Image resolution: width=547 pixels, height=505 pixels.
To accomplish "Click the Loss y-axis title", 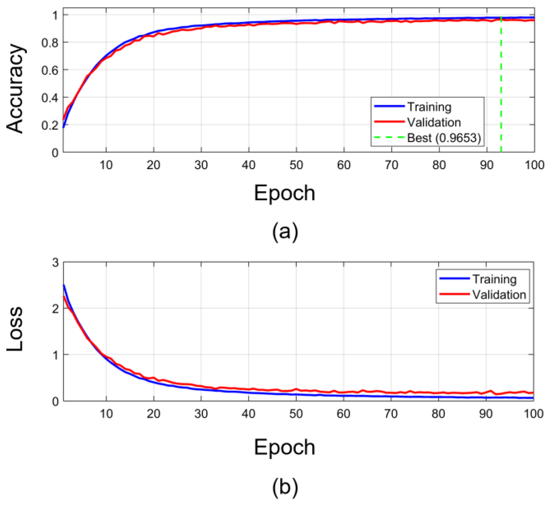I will (15, 329).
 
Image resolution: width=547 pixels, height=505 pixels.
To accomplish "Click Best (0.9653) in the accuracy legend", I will (444, 138).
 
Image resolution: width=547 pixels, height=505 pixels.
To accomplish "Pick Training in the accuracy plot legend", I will (429, 107).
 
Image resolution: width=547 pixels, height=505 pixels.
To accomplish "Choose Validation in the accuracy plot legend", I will (434, 122).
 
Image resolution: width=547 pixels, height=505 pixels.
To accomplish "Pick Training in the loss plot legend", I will (494, 279).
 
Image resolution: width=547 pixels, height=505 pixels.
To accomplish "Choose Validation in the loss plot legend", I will (499, 295).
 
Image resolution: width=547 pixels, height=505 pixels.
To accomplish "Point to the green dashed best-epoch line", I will (501, 82).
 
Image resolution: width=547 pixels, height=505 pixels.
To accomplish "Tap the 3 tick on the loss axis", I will (56, 263).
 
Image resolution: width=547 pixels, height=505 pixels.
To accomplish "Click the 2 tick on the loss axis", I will (56, 309).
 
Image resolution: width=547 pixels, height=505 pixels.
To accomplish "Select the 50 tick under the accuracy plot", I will (296, 165).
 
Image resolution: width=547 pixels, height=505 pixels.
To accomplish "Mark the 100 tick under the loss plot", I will (533, 414).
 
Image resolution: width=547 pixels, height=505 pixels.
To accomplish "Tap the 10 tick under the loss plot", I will (106, 414).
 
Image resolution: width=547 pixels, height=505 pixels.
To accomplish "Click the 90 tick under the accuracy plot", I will (486, 165).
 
